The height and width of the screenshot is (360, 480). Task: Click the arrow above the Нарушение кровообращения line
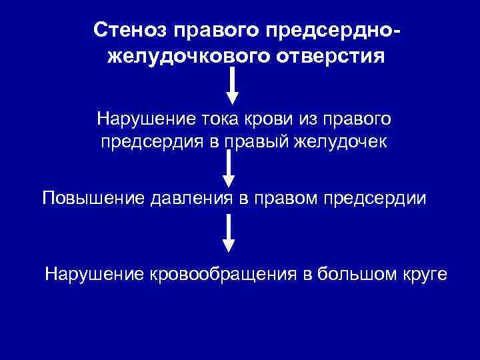(x=229, y=233)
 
